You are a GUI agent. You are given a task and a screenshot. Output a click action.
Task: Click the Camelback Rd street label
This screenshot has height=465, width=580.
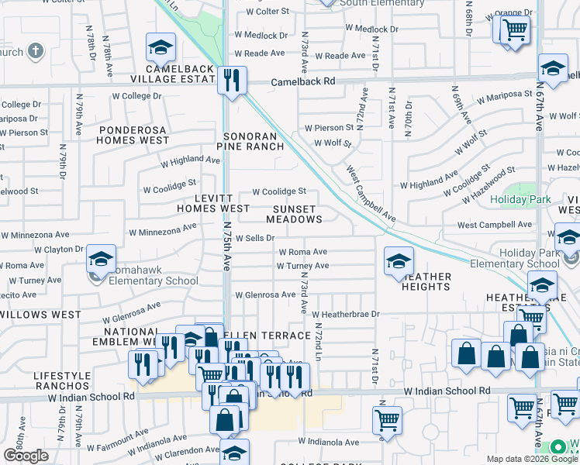[302, 81]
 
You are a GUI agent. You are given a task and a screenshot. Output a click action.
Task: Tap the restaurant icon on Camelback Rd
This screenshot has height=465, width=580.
[232, 80]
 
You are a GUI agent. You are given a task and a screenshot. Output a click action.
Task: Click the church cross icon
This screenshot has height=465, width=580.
[35, 52]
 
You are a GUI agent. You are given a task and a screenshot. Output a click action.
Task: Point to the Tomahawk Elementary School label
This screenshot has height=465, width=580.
[149, 281]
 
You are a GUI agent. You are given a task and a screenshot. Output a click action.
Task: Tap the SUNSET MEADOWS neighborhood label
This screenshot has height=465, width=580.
[295, 214]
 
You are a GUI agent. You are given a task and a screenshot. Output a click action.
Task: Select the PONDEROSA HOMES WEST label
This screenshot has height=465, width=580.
[133, 135]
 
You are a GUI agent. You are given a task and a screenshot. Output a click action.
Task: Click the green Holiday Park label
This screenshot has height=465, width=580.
[520, 200]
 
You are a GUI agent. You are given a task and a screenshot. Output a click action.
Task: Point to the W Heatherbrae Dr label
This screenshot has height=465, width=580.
[345, 314]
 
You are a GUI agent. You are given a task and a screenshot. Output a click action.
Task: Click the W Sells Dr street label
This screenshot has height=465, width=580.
[255, 239]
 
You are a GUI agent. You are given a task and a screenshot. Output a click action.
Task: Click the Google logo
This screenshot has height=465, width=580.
[26, 456]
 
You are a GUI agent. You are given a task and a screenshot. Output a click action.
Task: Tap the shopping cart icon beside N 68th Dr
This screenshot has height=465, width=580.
[513, 30]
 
